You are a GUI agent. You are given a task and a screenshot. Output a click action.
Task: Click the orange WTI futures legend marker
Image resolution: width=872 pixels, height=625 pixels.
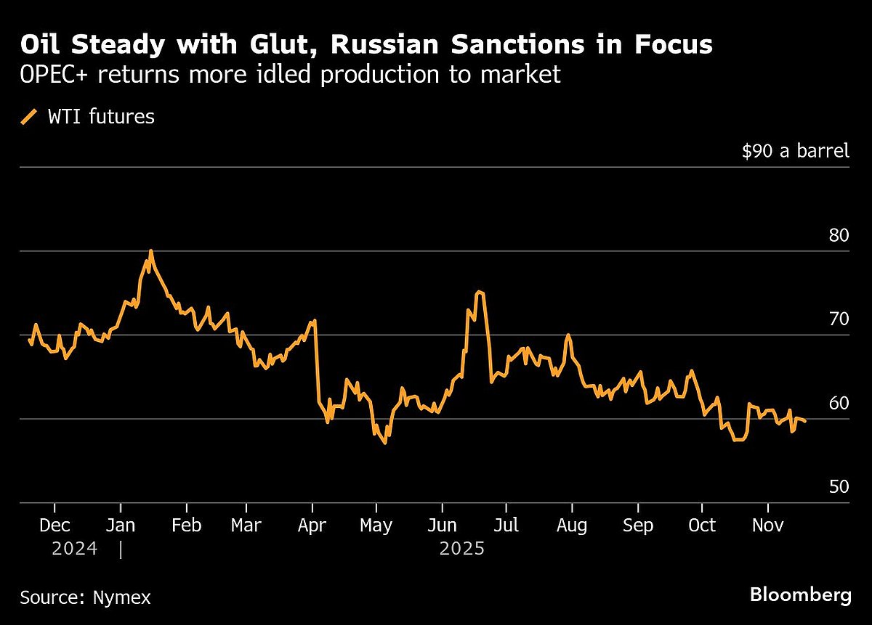[30, 116]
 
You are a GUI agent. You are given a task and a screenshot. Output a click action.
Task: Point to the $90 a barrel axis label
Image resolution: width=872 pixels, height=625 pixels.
[795, 151]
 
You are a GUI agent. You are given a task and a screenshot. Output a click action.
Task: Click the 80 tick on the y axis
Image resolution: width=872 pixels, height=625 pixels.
[838, 236]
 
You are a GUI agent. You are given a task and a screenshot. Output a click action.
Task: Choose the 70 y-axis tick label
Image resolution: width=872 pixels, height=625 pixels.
[838, 319]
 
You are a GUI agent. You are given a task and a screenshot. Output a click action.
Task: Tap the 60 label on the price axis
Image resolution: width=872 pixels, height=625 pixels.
[838, 403]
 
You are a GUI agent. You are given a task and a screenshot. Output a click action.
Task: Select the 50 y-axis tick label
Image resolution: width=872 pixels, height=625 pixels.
[838, 486]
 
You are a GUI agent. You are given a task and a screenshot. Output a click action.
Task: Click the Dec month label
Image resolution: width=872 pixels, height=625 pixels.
[54, 525]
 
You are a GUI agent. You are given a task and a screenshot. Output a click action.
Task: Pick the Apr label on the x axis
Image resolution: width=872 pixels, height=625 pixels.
[312, 525]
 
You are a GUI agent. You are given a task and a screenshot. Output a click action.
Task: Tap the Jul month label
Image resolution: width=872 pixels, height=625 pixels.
[506, 525]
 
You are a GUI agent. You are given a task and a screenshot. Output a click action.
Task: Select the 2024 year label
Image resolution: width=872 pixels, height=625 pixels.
[74, 550]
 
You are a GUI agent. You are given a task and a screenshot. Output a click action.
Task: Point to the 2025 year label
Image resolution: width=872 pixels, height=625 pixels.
[461, 550]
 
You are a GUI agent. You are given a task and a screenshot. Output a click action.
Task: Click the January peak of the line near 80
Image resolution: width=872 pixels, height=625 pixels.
[150, 251]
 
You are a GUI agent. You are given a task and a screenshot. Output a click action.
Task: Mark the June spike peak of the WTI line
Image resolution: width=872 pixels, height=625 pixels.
[478, 292]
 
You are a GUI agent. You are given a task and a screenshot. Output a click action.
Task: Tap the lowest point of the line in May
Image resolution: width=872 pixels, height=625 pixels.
[384, 443]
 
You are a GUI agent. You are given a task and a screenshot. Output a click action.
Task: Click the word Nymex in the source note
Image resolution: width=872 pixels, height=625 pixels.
[121, 598]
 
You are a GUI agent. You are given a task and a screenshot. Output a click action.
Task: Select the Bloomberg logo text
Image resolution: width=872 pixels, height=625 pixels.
[800, 596]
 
